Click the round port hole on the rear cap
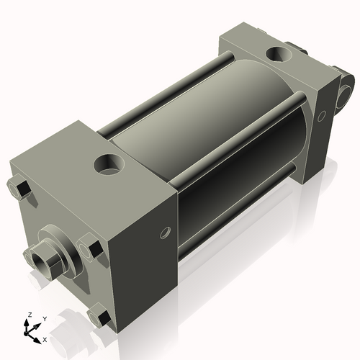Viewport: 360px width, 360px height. point(277,53)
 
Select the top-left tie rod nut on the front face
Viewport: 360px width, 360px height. point(19,189)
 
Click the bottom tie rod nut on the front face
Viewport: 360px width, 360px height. point(99,317)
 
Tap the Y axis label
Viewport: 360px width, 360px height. point(44,318)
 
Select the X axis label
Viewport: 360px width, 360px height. point(45,338)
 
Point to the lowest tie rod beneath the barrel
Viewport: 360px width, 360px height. point(238,209)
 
